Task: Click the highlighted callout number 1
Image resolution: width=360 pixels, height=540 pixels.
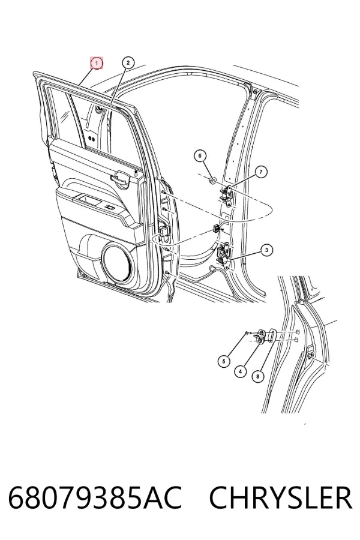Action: point(97,63)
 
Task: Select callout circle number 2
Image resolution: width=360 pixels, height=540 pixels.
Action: point(128,62)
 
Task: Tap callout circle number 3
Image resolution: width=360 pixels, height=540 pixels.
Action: point(266,250)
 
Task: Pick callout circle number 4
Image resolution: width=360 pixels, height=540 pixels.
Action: point(240,371)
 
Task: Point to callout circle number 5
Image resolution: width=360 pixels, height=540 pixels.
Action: point(224,361)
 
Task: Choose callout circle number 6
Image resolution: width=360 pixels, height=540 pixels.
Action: point(200,155)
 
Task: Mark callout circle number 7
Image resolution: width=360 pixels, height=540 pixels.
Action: point(261,172)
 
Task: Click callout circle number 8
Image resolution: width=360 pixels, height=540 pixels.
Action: point(257,376)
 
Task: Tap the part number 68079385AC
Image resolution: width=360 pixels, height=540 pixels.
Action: point(95,498)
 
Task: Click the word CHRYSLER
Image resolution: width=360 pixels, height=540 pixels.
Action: point(281,498)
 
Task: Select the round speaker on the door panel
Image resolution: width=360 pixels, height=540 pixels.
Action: point(117,262)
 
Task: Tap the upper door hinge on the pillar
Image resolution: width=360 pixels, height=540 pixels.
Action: point(227,194)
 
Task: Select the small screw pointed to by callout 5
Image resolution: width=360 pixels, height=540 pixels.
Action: point(247,332)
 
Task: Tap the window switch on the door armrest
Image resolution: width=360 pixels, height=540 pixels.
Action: point(110,208)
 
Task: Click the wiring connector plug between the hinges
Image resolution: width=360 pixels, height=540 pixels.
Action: point(217,228)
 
